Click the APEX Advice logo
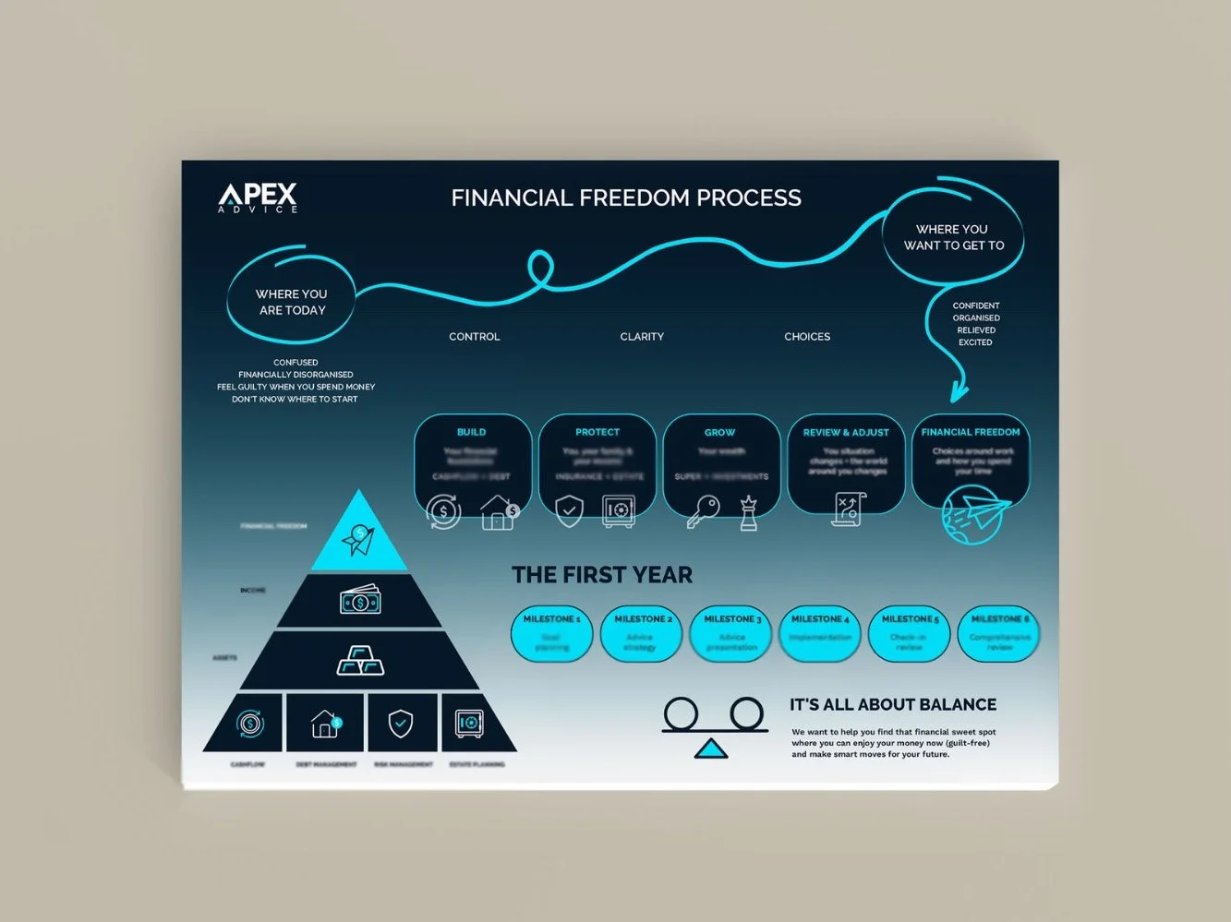click(x=258, y=198)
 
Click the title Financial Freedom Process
click(x=626, y=198)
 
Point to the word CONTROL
click(x=474, y=337)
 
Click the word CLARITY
click(x=642, y=337)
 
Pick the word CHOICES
click(x=807, y=337)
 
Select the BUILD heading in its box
click(x=471, y=432)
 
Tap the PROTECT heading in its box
click(x=597, y=432)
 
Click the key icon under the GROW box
click(x=703, y=511)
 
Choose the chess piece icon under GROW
click(x=748, y=513)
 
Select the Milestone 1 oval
click(x=551, y=633)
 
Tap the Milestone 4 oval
click(x=820, y=633)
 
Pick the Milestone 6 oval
click(x=999, y=633)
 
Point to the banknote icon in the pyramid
click(x=360, y=602)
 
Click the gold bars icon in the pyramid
click(x=360, y=661)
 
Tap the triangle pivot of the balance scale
click(x=711, y=749)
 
